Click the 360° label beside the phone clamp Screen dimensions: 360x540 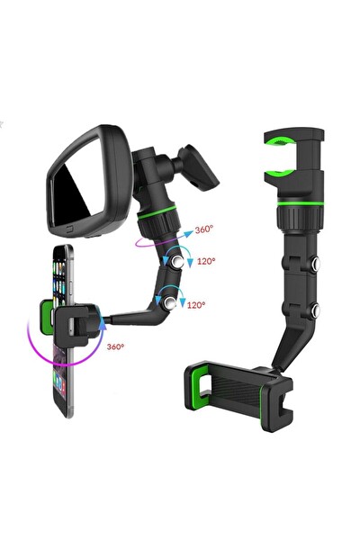click(115, 346)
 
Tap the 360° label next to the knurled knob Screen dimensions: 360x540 click(204, 229)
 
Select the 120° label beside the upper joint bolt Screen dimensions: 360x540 click(206, 261)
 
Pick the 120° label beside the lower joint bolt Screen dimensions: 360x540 click(196, 305)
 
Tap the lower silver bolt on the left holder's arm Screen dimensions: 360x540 click(170, 303)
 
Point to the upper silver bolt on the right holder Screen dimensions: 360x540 click(315, 264)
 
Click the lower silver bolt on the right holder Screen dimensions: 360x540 click(315, 310)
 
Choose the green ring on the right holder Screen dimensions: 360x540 click(301, 203)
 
